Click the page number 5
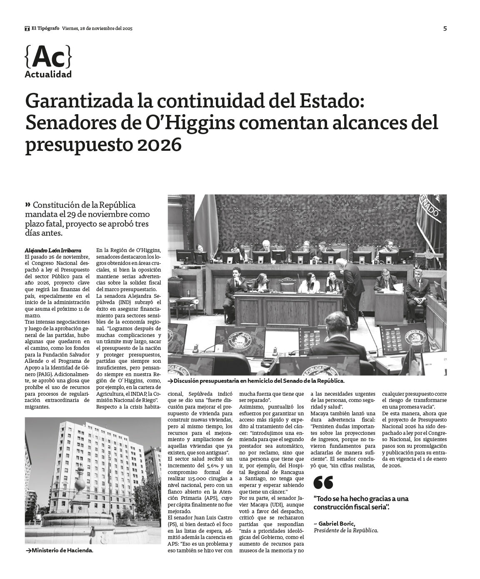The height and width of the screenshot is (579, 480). pos(445,28)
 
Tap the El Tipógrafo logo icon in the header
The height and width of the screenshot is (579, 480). pos(27,28)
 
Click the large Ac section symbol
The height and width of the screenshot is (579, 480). pos(48,57)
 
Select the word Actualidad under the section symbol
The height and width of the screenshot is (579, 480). pos(48,75)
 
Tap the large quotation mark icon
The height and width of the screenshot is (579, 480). pos(323,482)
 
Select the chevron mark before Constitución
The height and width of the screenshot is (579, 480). pos(28,205)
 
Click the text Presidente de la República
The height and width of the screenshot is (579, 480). pos(346,530)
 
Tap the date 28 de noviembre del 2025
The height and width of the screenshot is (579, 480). pos(97,28)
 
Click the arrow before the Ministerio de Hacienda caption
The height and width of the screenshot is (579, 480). pos(28,551)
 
